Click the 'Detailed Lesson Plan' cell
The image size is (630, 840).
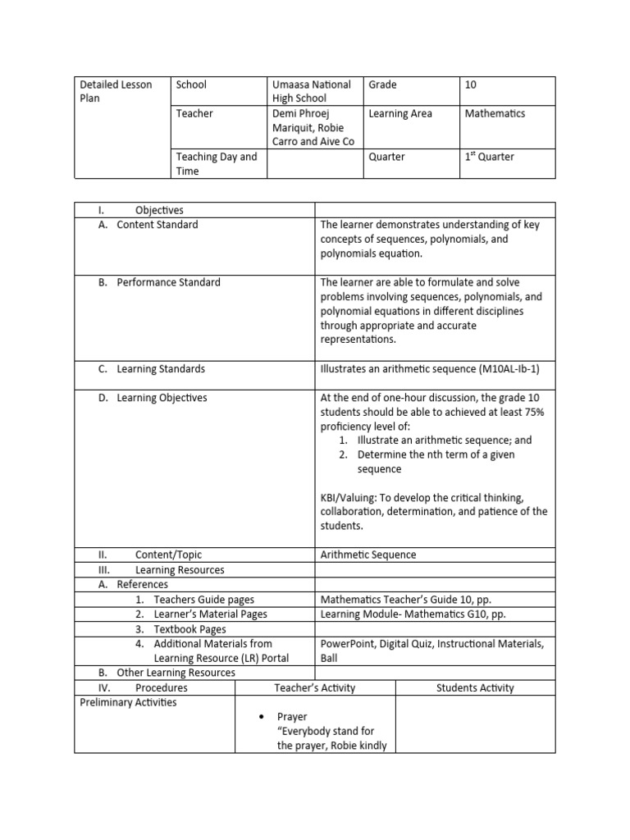[x=116, y=91]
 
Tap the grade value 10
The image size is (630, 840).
[x=470, y=84]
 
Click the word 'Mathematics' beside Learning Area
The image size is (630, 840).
[x=495, y=113]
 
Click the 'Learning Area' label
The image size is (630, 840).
[x=400, y=113]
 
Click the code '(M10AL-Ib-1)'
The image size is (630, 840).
[x=503, y=369]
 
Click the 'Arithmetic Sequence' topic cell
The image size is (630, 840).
[x=368, y=555]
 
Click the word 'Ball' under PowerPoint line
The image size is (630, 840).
[x=328, y=658]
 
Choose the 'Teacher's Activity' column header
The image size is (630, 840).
[x=315, y=687]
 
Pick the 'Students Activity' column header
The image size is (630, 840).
[x=475, y=687]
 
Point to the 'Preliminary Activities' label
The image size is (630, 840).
[x=128, y=702]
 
